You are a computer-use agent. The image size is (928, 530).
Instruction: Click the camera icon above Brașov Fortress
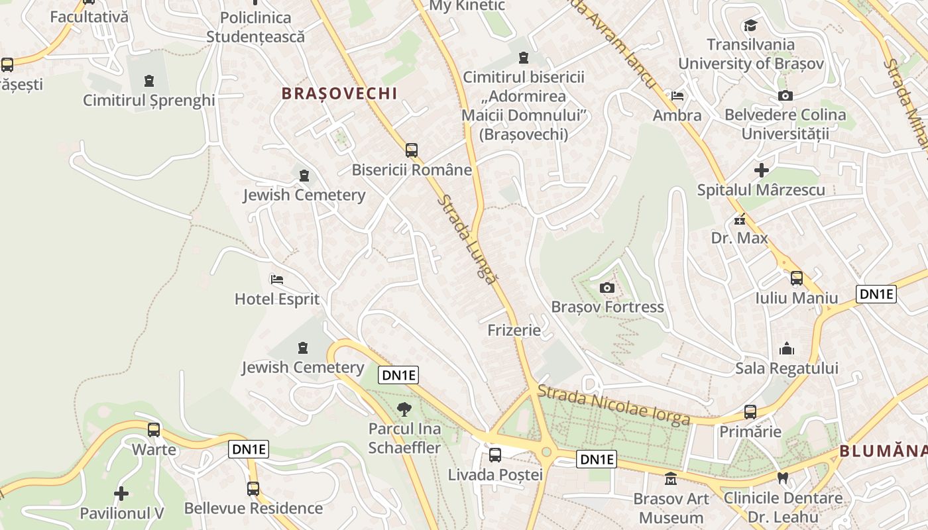click(x=607, y=288)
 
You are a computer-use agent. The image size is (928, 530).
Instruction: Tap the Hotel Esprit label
click(x=277, y=299)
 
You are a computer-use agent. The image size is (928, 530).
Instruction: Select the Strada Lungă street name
click(x=467, y=239)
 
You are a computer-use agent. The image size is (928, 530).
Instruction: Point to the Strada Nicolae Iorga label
click(x=614, y=405)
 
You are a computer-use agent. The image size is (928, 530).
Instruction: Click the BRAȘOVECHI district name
click(x=339, y=93)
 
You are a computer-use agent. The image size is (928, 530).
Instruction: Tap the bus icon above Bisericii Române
click(x=412, y=150)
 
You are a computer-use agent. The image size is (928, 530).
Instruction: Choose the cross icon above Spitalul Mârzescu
click(x=762, y=170)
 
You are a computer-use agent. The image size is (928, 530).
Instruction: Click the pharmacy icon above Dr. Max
click(x=740, y=219)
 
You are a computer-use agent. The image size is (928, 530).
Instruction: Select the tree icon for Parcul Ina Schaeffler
click(x=404, y=409)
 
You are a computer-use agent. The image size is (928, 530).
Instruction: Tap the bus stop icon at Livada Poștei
click(x=495, y=455)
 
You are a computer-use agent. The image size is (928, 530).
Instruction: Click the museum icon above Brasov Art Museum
click(x=671, y=478)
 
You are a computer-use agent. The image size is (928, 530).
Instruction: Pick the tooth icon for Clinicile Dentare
click(x=783, y=478)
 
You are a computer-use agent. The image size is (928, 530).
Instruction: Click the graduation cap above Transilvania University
click(x=750, y=26)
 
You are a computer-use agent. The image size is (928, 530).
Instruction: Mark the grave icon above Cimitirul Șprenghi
click(x=148, y=81)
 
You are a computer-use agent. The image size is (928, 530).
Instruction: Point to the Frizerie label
click(x=514, y=330)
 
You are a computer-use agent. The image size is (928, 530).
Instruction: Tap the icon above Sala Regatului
click(x=787, y=348)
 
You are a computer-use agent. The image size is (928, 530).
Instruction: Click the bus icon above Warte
click(x=154, y=430)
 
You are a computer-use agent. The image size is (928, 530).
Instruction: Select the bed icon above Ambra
click(x=677, y=96)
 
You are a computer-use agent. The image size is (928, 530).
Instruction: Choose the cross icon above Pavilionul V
click(x=121, y=494)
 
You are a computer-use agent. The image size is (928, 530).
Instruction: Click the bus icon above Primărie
click(x=750, y=412)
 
